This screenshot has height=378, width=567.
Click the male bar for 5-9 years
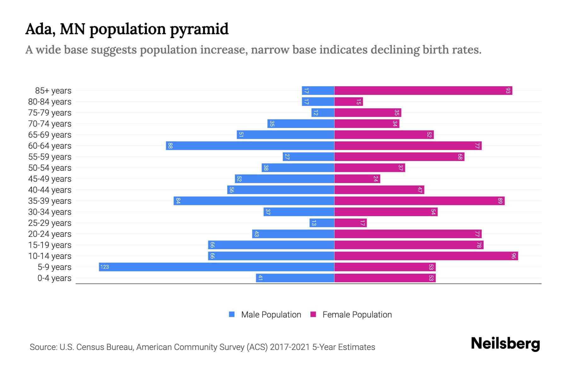pyautogui.click(x=216, y=267)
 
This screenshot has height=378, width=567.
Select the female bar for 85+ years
pyautogui.click(x=423, y=90)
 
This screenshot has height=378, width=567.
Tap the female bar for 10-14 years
pyautogui.click(x=426, y=256)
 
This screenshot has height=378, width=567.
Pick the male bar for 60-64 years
pyautogui.click(x=250, y=146)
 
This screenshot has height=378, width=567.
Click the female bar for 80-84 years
pyautogui.click(x=348, y=101)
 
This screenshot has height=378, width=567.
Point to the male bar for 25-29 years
pyautogui.click(x=322, y=223)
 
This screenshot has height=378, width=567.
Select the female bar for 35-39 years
pyautogui.click(x=419, y=201)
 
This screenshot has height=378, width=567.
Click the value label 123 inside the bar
pyautogui.click(x=104, y=267)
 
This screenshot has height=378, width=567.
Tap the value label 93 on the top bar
pyautogui.click(x=508, y=90)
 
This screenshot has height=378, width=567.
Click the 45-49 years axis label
pyautogui.click(x=50, y=179)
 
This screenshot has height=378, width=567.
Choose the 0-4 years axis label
pyautogui.click(x=54, y=278)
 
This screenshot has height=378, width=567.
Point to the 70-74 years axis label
pyautogui.click(x=50, y=123)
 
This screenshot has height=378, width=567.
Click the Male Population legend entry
pyautogui.click(x=271, y=314)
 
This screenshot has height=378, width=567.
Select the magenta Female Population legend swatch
pyautogui.click(x=313, y=314)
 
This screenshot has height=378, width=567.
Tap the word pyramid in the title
pyautogui.click(x=199, y=29)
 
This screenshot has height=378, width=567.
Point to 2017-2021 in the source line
pyautogui.click(x=290, y=347)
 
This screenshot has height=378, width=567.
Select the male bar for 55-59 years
pyautogui.click(x=308, y=157)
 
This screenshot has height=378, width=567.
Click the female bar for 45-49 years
pyautogui.click(x=357, y=179)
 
